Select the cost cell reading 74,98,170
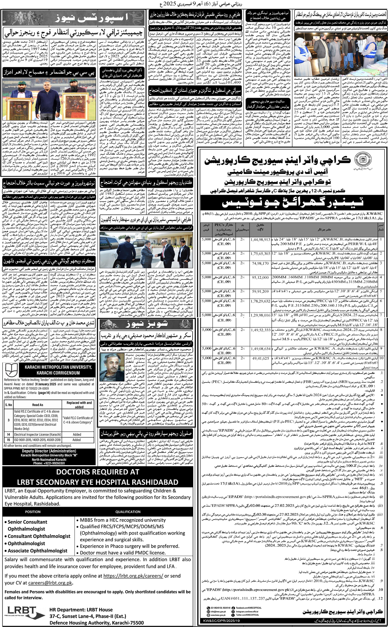coord(260,263)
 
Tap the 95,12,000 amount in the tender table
coord(260,277)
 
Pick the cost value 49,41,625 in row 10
coord(260,358)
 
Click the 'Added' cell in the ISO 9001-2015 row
coord(77,440)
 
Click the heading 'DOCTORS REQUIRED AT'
coord(98,472)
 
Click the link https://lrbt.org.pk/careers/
coord(133,576)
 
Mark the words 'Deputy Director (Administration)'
coord(49,451)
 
